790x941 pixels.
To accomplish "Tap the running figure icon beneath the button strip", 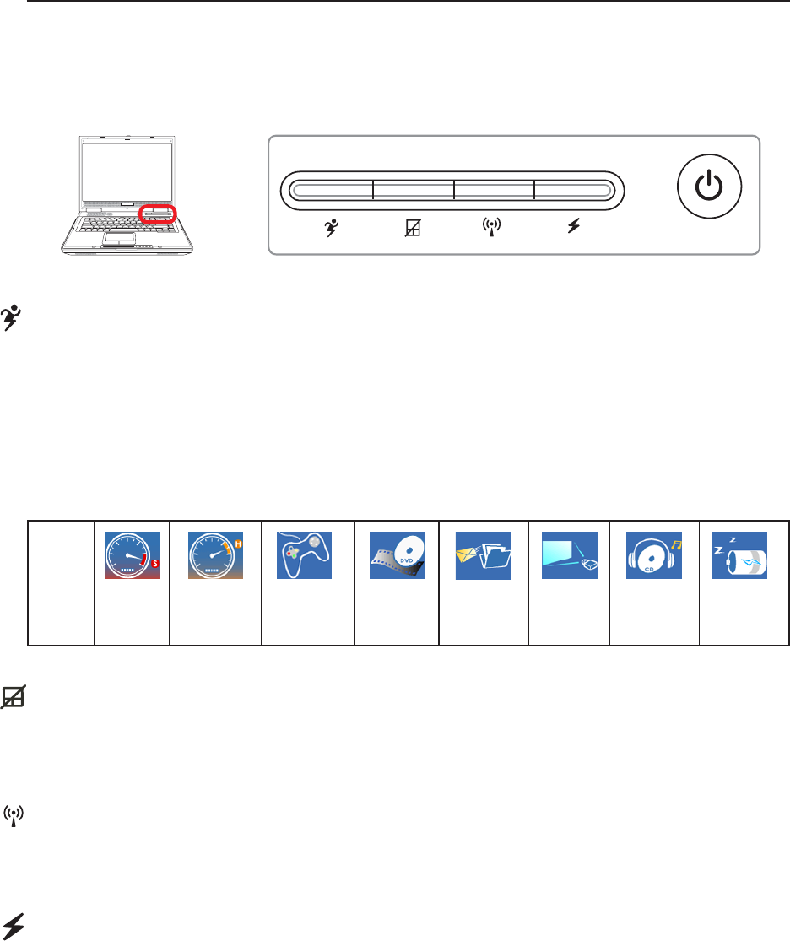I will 331,228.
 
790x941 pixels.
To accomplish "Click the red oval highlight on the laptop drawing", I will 159,212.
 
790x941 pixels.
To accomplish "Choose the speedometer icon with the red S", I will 132,554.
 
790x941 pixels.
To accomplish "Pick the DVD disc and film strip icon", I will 397,554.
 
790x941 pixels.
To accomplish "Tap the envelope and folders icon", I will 483,555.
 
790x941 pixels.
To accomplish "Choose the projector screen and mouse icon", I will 570,554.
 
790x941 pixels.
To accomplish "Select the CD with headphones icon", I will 653,554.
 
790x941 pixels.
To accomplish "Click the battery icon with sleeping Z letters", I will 740,554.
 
